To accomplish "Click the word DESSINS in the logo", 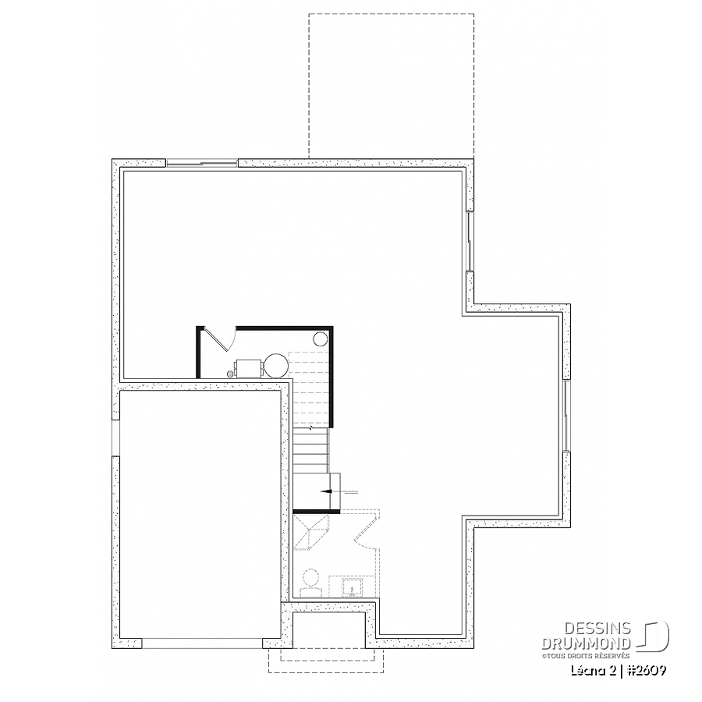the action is [597, 629].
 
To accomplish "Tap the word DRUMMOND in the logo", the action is [587, 643].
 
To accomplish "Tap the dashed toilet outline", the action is [310, 583].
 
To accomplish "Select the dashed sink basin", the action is [353, 587].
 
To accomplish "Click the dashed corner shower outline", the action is [311, 532].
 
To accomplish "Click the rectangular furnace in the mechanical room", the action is [249, 368].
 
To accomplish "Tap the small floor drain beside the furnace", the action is [231, 373].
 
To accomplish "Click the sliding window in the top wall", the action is [202, 163].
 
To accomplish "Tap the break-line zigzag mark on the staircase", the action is [311, 428].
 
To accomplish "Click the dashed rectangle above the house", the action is [391, 86].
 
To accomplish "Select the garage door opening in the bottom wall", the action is [202, 643].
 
